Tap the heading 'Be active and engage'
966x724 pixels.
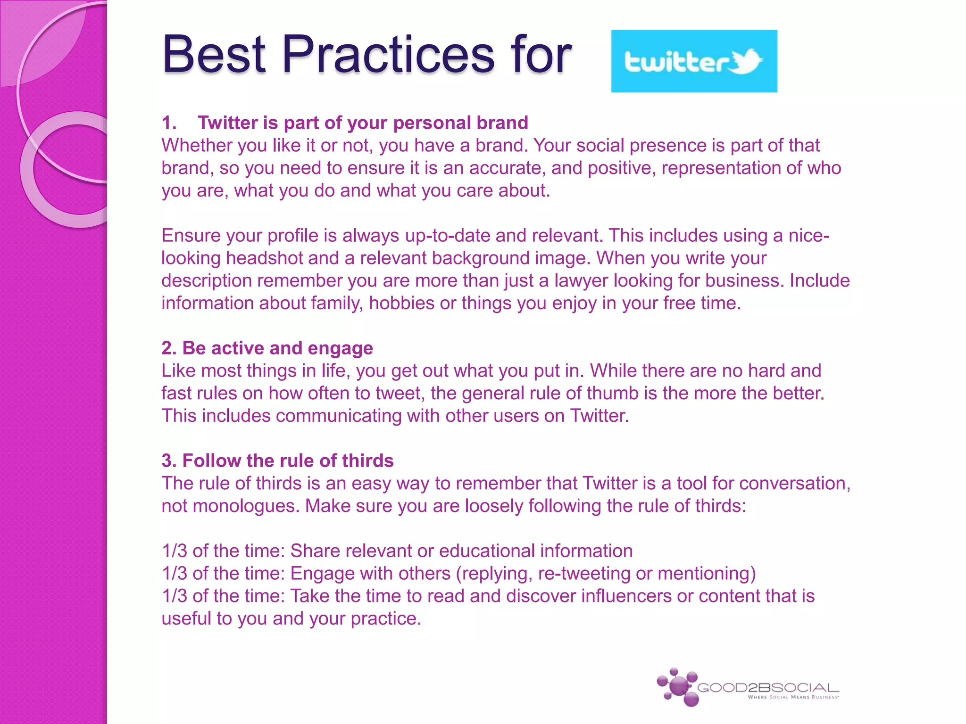277,348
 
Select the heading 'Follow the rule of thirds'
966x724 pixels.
288,461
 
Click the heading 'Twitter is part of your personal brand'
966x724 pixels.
362,123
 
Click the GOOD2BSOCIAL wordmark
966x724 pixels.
767,688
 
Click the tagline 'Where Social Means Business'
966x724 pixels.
793,698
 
